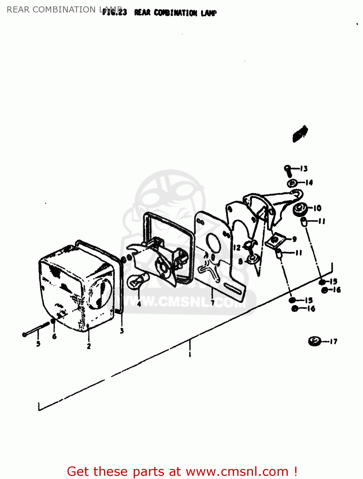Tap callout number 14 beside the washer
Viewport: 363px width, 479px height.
(x=309, y=183)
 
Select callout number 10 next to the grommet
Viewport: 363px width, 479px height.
(x=317, y=208)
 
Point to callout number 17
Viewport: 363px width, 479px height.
(x=333, y=341)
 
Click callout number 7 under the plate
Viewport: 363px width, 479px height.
(x=212, y=302)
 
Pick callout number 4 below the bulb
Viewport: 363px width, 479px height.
(x=139, y=304)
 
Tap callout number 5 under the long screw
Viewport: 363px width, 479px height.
(x=38, y=344)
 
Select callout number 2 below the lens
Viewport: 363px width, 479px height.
(x=89, y=346)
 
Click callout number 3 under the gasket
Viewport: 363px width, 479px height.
(x=122, y=331)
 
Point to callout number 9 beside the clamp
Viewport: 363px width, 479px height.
(x=294, y=239)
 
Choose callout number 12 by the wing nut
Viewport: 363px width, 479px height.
(x=237, y=247)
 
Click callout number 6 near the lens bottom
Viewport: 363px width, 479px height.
(x=54, y=336)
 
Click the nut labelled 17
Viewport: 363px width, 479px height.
(x=314, y=341)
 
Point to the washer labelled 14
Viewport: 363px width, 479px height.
(x=292, y=183)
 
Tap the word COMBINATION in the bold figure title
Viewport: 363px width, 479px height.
(x=175, y=13)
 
